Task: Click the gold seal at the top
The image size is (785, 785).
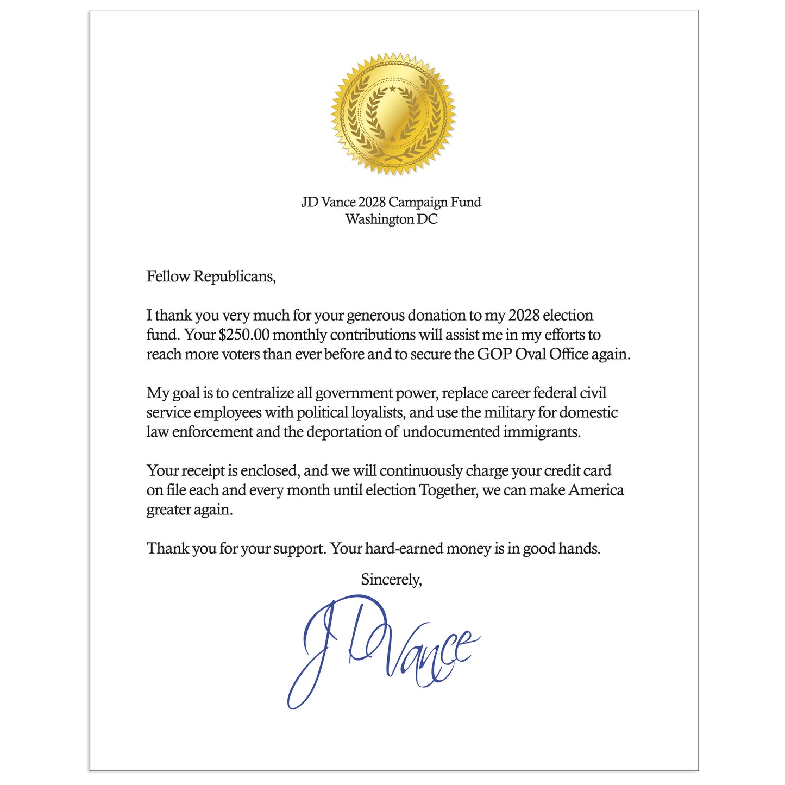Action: (x=393, y=114)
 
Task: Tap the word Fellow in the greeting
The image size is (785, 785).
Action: (x=168, y=277)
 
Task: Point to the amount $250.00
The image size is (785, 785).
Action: (x=244, y=335)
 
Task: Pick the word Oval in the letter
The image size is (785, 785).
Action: (x=530, y=354)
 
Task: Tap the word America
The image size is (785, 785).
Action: (x=596, y=491)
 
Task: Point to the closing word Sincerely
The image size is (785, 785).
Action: (x=391, y=580)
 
